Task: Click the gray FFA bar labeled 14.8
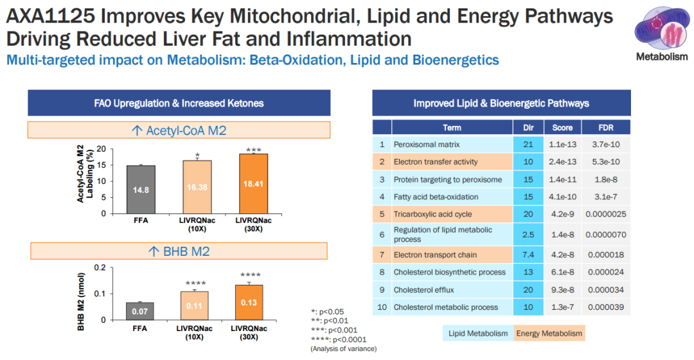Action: point(141,190)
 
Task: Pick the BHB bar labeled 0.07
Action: point(141,311)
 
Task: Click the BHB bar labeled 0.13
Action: point(249,302)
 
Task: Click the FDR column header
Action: point(606,127)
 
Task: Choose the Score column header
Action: point(562,127)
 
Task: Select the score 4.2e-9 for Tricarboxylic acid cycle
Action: point(562,214)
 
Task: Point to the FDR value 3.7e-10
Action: point(606,145)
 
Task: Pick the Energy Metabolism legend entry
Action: point(549,333)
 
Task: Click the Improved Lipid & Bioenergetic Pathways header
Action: point(501,103)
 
